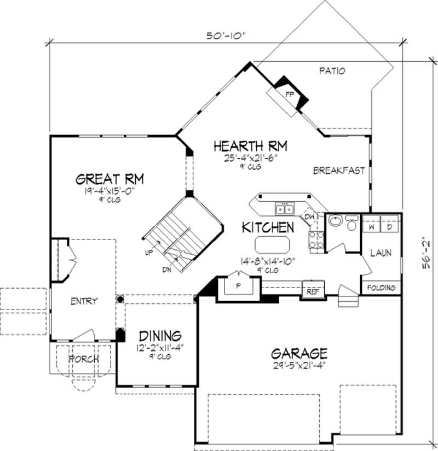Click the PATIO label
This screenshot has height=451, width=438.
pos(332,71)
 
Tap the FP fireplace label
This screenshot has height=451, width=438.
pos(289,93)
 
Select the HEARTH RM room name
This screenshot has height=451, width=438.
pos(250,146)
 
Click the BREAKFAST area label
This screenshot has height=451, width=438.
pos(339,171)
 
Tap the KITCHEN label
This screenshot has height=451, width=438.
pos(268,226)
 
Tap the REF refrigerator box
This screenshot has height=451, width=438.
pos(313,291)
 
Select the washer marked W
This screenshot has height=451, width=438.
pos(371,226)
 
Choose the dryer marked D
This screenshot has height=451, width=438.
pos(390,226)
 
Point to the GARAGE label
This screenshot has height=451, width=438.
pos(299,353)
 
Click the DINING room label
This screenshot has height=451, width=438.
pos(160,335)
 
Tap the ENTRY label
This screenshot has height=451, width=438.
pos(84,301)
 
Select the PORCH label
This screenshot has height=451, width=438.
pos(84,359)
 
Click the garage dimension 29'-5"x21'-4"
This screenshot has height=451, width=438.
pos(299,366)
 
